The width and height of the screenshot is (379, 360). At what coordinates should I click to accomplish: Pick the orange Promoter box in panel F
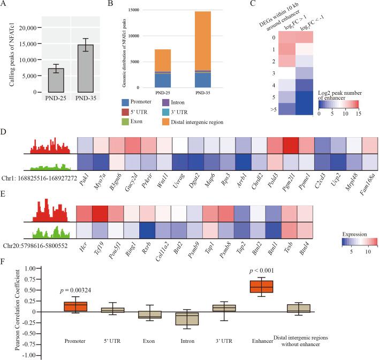(75, 306)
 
